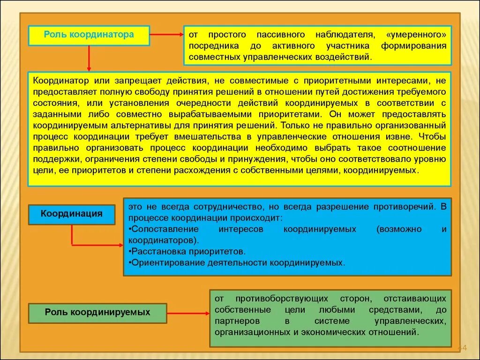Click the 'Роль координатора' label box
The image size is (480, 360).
pyautogui.click(x=89, y=35)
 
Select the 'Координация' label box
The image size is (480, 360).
pyautogui.click(x=72, y=214)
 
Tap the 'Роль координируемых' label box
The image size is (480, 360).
pyautogui.click(x=97, y=312)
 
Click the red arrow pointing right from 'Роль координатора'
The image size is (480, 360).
pyautogui.click(x=166, y=34)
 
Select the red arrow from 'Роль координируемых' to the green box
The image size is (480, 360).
pyautogui.click(x=188, y=313)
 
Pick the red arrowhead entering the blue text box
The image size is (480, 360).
pyautogui.click(x=120, y=244)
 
